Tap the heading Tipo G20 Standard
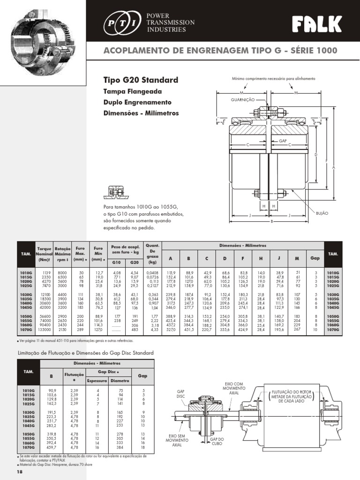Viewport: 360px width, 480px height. point(140,80)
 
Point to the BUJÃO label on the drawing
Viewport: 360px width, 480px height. point(323,213)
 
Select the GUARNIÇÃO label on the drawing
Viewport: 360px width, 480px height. point(242,100)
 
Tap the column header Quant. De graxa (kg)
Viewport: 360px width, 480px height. point(153,254)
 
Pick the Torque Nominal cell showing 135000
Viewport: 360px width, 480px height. point(44,330)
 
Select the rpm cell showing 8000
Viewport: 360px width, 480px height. point(62,272)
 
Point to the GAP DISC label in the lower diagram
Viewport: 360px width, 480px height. point(181,393)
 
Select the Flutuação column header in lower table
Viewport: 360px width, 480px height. point(73,377)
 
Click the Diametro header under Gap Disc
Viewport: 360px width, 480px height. point(120,381)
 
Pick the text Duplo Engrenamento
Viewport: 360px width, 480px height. point(130,102)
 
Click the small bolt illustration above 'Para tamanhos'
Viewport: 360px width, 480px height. point(114,191)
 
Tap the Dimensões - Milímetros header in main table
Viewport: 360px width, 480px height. point(242,246)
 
